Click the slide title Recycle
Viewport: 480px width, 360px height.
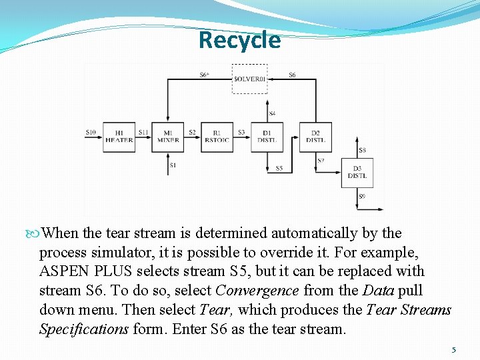coord(239,40)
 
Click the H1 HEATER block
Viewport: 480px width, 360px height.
coord(119,137)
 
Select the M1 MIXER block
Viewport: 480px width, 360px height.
coord(167,137)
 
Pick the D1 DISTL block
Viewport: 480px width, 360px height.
coord(267,137)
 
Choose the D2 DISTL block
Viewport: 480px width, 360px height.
coord(315,137)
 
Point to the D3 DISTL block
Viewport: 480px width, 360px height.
coord(357,173)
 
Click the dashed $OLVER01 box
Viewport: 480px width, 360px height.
coord(250,79)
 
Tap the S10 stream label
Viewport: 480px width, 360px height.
coord(91,132)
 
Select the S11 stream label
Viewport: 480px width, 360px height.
coord(143,132)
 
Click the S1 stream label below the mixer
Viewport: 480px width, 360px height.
coord(173,165)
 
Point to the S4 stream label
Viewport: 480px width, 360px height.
coord(272,113)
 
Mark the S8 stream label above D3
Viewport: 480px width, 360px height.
coord(362,151)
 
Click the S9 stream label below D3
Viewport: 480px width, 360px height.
coord(362,196)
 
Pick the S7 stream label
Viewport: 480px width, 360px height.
coord(321,161)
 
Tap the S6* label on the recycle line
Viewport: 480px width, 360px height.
coord(204,75)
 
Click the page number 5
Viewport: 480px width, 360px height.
coord(454,349)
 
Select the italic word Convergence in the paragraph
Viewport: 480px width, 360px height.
coord(257,291)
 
